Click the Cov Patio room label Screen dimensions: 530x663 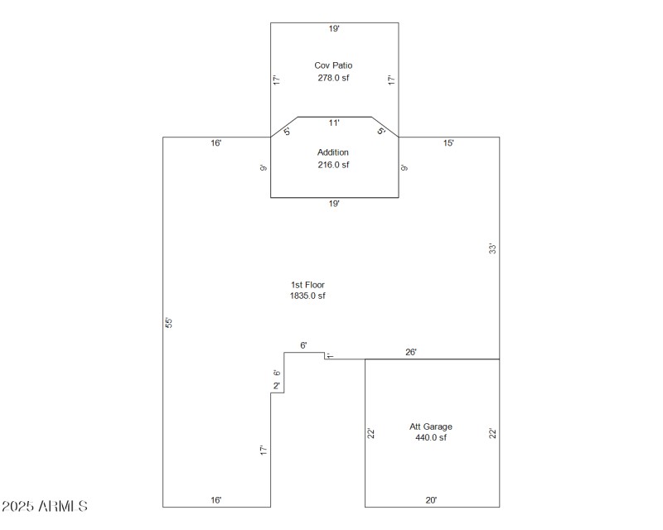[333, 65]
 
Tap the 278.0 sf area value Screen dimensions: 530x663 [333, 78]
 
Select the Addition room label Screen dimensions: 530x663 [333, 152]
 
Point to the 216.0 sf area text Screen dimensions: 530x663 [333, 165]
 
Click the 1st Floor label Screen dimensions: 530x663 [307, 284]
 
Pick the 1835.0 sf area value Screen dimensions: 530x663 [307, 296]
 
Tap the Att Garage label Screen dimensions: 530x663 [431, 426]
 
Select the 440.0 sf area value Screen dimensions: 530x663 [431, 438]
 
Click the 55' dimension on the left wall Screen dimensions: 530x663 [169, 321]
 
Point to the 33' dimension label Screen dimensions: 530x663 [491, 248]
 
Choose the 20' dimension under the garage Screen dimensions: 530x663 [431, 500]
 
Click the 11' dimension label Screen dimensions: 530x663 [333, 122]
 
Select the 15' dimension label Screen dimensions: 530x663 [448, 143]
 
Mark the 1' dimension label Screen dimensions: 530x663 [329, 355]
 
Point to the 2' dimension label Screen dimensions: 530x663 [277, 386]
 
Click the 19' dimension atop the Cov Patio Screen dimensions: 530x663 [333, 28]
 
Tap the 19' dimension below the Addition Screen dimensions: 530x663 [333, 204]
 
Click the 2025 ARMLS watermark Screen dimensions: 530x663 [45, 505]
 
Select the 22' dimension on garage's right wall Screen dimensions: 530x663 [492, 433]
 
